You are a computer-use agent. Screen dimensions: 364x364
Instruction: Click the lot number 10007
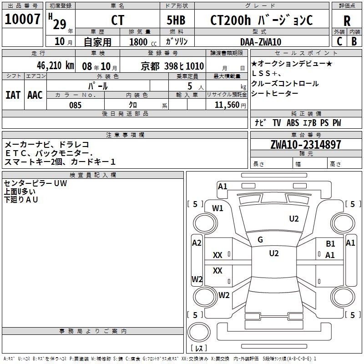[x=22, y=20]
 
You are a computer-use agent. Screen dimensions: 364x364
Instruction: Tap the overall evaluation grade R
[x=347, y=21]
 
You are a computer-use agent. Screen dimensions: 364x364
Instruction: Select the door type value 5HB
[x=176, y=20]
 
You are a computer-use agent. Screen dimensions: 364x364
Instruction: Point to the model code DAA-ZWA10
[x=260, y=42]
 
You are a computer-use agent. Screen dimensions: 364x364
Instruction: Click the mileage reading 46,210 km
[x=51, y=66]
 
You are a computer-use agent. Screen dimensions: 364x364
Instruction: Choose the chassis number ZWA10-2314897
[x=306, y=145]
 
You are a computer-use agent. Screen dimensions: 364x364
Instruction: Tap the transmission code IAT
[x=13, y=95]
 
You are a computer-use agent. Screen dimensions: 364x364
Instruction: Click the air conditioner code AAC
[x=35, y=95]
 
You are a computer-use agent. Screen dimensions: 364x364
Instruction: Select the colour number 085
[x=75, y=105]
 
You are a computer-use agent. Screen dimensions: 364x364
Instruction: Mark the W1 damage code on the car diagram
[x=218, y=208]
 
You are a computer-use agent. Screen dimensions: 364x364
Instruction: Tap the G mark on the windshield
[x=260, y=240]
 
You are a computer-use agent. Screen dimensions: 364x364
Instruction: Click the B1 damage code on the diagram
[x=330, y=244]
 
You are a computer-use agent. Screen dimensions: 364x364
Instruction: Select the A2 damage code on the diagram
[x=197, y=243]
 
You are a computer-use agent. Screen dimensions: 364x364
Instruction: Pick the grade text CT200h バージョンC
[x=261, y=20]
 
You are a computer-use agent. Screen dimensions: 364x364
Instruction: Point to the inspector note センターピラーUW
[x=35, y=183]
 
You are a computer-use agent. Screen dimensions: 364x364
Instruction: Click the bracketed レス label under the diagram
[x=199, y=349]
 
